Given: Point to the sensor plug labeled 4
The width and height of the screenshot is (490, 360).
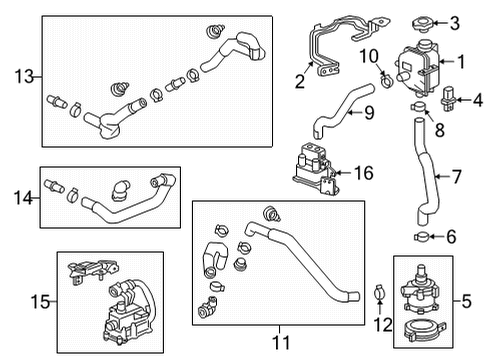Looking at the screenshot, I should tap(448, 98).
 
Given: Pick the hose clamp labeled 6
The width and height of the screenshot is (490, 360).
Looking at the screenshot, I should tap(423, 236).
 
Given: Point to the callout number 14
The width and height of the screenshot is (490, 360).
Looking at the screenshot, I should tap(21, 197).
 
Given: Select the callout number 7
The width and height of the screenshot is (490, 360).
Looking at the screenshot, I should tap(456, 178).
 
